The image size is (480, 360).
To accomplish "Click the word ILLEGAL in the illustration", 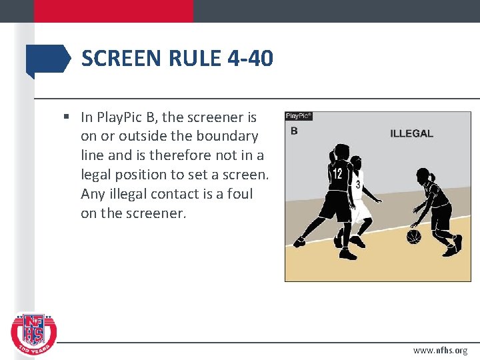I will (x=411, y=133).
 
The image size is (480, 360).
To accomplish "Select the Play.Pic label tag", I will (x=299, y=116).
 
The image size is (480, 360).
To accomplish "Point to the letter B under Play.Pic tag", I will (x=293, y=131).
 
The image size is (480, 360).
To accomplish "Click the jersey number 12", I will (x=338, y=174).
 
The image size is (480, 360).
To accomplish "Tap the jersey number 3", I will (x=358, y=184).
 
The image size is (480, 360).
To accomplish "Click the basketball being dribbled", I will (x=414, y=237).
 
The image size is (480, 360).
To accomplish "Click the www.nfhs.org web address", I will (x=440, y=350).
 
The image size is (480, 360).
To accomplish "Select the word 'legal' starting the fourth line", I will (x=97, y=175).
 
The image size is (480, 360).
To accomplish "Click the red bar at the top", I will (x=113, y=11).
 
